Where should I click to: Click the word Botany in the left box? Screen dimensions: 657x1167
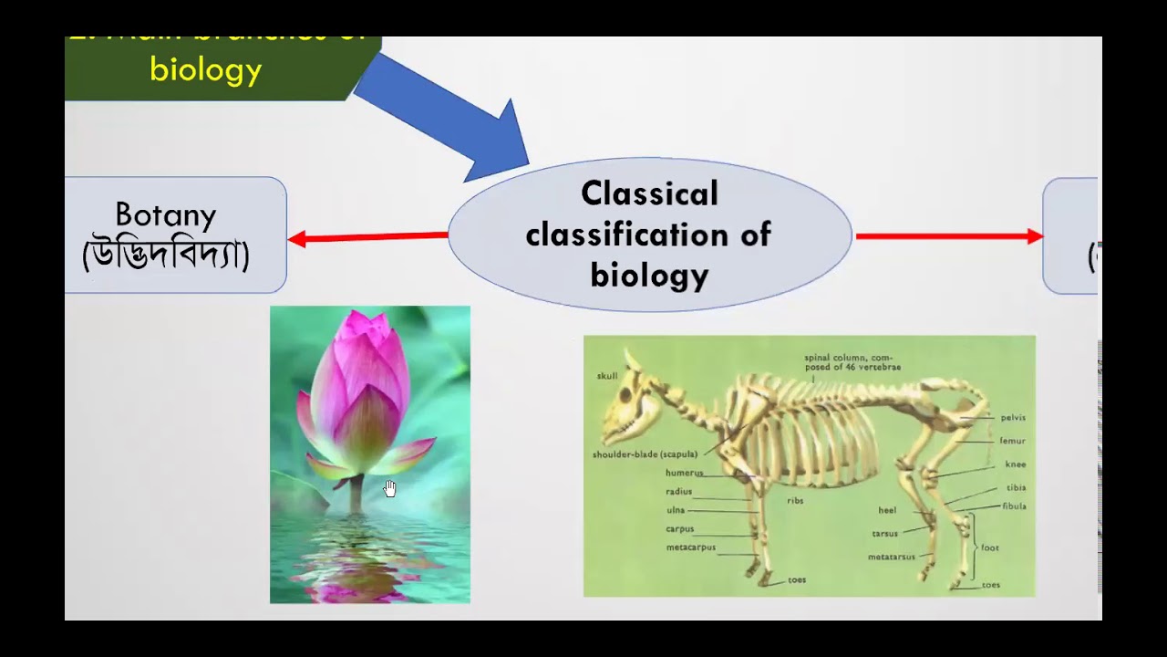166,215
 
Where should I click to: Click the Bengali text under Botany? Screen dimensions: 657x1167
166,254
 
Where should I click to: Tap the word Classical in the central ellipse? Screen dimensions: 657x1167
649,193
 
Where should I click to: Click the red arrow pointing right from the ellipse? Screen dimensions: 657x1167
948,236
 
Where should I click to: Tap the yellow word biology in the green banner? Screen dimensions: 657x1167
206,69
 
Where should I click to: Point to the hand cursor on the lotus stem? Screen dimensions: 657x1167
390,488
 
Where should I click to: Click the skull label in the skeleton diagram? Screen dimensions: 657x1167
607,376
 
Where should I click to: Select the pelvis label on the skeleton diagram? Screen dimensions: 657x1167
1013,418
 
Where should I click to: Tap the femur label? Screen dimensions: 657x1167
1012,441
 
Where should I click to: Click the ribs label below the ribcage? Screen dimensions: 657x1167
795,501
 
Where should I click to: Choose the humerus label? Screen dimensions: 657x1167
684,474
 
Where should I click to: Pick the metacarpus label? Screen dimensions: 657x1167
690,547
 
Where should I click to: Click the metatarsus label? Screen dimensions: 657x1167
892,557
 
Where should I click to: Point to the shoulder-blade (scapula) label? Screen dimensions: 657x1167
645,454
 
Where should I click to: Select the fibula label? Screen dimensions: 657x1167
1014,506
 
